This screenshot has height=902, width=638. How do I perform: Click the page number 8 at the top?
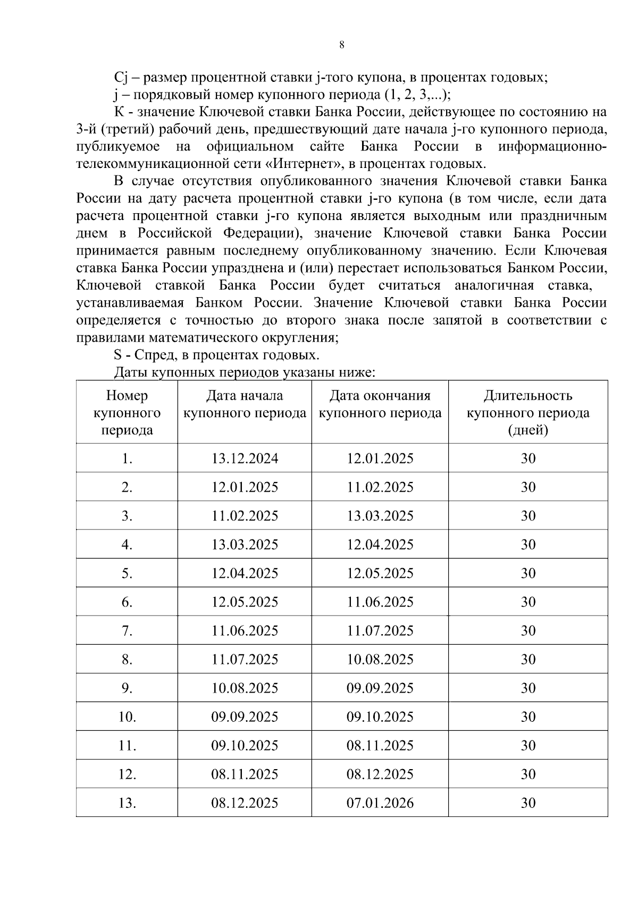(341, 45)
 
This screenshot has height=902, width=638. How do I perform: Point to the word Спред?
(158, 355)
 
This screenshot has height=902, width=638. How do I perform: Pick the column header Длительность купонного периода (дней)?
(527, 412)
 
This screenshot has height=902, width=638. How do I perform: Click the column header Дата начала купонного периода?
(245, 404)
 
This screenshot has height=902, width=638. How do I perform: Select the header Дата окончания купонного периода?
(380, 404)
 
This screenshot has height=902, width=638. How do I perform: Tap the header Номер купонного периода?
(127, 412)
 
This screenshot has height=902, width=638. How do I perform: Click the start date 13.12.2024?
(245, 459)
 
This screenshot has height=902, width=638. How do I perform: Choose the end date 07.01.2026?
(380, 803)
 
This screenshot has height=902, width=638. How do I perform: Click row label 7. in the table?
(127, 631)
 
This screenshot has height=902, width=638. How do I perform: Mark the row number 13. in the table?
(127, 803)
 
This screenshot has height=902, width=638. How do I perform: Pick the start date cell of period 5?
(245, 574)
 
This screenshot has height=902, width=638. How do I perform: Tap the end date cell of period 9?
(380, 688)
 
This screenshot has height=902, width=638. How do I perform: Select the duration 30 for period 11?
(527, 746)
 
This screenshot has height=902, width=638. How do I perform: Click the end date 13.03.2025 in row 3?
(380, 516)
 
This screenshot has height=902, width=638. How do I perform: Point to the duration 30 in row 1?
(527, 459)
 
